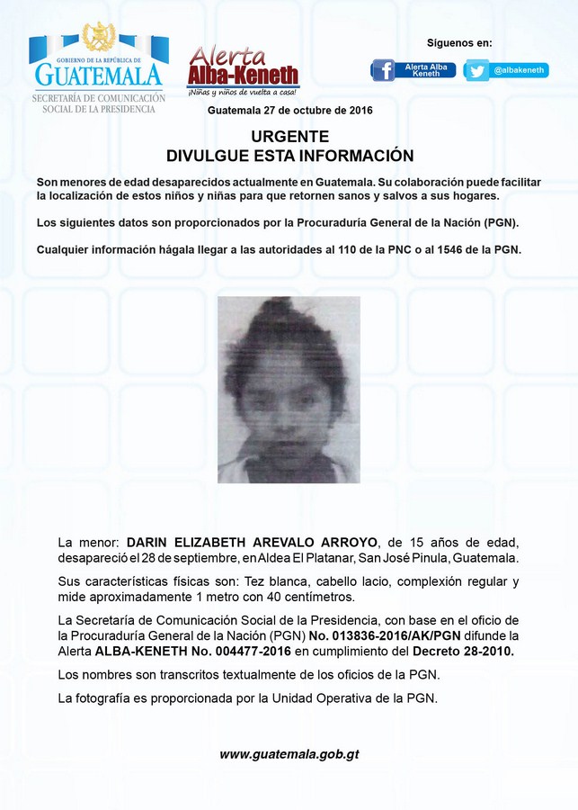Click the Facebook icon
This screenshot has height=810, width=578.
(383, 70)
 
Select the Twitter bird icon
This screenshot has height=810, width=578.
(476, 70)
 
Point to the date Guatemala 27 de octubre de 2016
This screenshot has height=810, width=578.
(289, 110)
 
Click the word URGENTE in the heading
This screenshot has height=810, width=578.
(289, 137)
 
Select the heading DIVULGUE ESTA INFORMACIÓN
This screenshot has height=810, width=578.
(289, 156)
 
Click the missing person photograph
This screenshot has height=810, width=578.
(289, 389)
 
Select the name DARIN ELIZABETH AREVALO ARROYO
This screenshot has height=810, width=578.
(253, 543)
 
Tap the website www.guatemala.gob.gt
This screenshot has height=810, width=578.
(289, 754)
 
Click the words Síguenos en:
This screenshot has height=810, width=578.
(458, 42)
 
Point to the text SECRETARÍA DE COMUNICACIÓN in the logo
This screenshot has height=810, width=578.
(99, 97)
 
